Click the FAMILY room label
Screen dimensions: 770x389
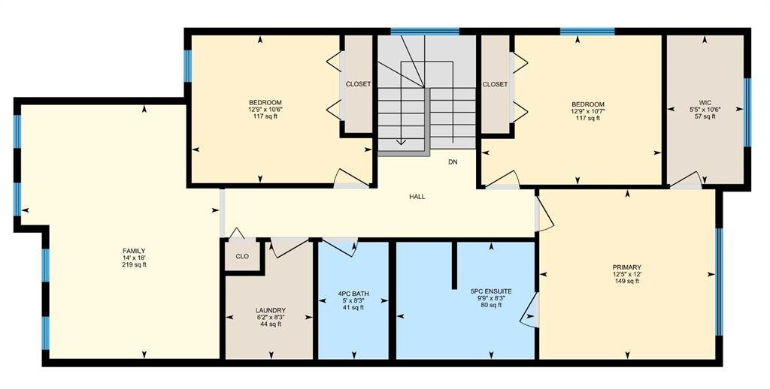click(134, 251)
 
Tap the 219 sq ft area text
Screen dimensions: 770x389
click(134, 265)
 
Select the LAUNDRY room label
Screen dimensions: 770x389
click(271, 310)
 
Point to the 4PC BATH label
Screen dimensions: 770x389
click(353, 294)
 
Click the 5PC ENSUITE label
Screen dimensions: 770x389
click(491, 291)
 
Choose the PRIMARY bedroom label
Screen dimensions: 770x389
click(627, 267)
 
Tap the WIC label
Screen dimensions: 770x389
click(705, 103)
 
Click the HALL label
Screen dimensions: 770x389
click(417, 197)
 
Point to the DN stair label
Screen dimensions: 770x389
click(453, 162)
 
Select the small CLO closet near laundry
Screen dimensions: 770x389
click(242, 257)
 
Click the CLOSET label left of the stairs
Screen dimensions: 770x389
click(359, 84)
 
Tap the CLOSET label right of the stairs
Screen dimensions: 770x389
click(495, 84)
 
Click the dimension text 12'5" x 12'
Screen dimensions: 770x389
click(627, 274)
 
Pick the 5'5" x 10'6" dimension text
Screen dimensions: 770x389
click(705, 110)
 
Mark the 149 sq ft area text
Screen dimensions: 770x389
click(627, 281)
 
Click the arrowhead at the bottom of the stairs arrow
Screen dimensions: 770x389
click(401, 142)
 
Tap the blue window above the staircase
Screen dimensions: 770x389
click(426, 32)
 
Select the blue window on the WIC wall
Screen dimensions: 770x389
click(747, 113)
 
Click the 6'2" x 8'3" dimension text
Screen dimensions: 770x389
click(271, 318)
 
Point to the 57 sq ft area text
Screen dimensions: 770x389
click(705, 116)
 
